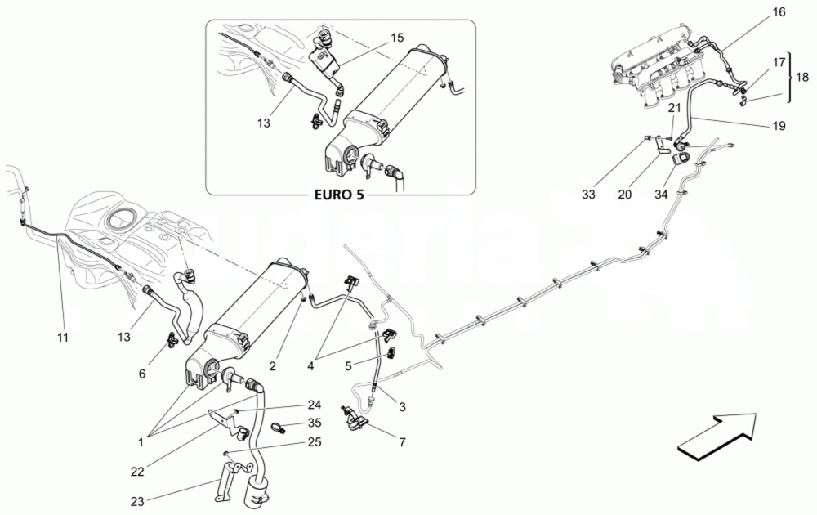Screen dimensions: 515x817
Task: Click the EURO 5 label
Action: click(x=338, y=197)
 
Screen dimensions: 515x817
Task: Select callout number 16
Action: click(x=778, y=12)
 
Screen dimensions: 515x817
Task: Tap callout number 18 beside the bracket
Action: click(x=802, y=76)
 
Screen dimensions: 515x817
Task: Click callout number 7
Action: click(x=401, y=441)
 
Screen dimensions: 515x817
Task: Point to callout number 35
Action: click(x=315, y=423)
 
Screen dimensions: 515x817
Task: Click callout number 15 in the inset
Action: click(x=396, y=38)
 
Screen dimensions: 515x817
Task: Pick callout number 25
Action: click(x=315, y=442)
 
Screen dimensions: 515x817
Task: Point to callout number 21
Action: click(x=674, y=107)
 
